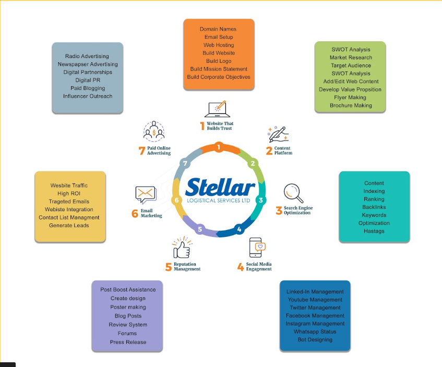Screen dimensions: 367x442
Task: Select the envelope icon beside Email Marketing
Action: tap(146, 195)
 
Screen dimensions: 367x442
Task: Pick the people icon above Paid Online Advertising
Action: tap(154, 131)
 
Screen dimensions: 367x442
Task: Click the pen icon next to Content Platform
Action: tap(277, 134)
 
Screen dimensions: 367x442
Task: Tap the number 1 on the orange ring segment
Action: tap(219, 147)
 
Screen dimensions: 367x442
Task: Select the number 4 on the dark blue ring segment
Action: tap(239, 229)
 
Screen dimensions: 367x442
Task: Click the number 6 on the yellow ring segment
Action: tap(177, 200)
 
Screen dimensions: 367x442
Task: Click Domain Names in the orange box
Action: tap(218, 29)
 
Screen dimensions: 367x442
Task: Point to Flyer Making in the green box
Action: tap(351, 97)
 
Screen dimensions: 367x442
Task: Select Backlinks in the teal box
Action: tap(374, 207)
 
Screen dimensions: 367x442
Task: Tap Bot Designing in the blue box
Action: tap(315, 339)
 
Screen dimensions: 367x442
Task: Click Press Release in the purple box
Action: tap(128, 342)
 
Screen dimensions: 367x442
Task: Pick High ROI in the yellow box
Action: tap(69, 193)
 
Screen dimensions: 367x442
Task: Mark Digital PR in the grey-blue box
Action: tap(87, 80)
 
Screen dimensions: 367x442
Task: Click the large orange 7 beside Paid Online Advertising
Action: tap(141, 151)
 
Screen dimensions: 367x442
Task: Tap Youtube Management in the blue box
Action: tap(315, 300)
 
